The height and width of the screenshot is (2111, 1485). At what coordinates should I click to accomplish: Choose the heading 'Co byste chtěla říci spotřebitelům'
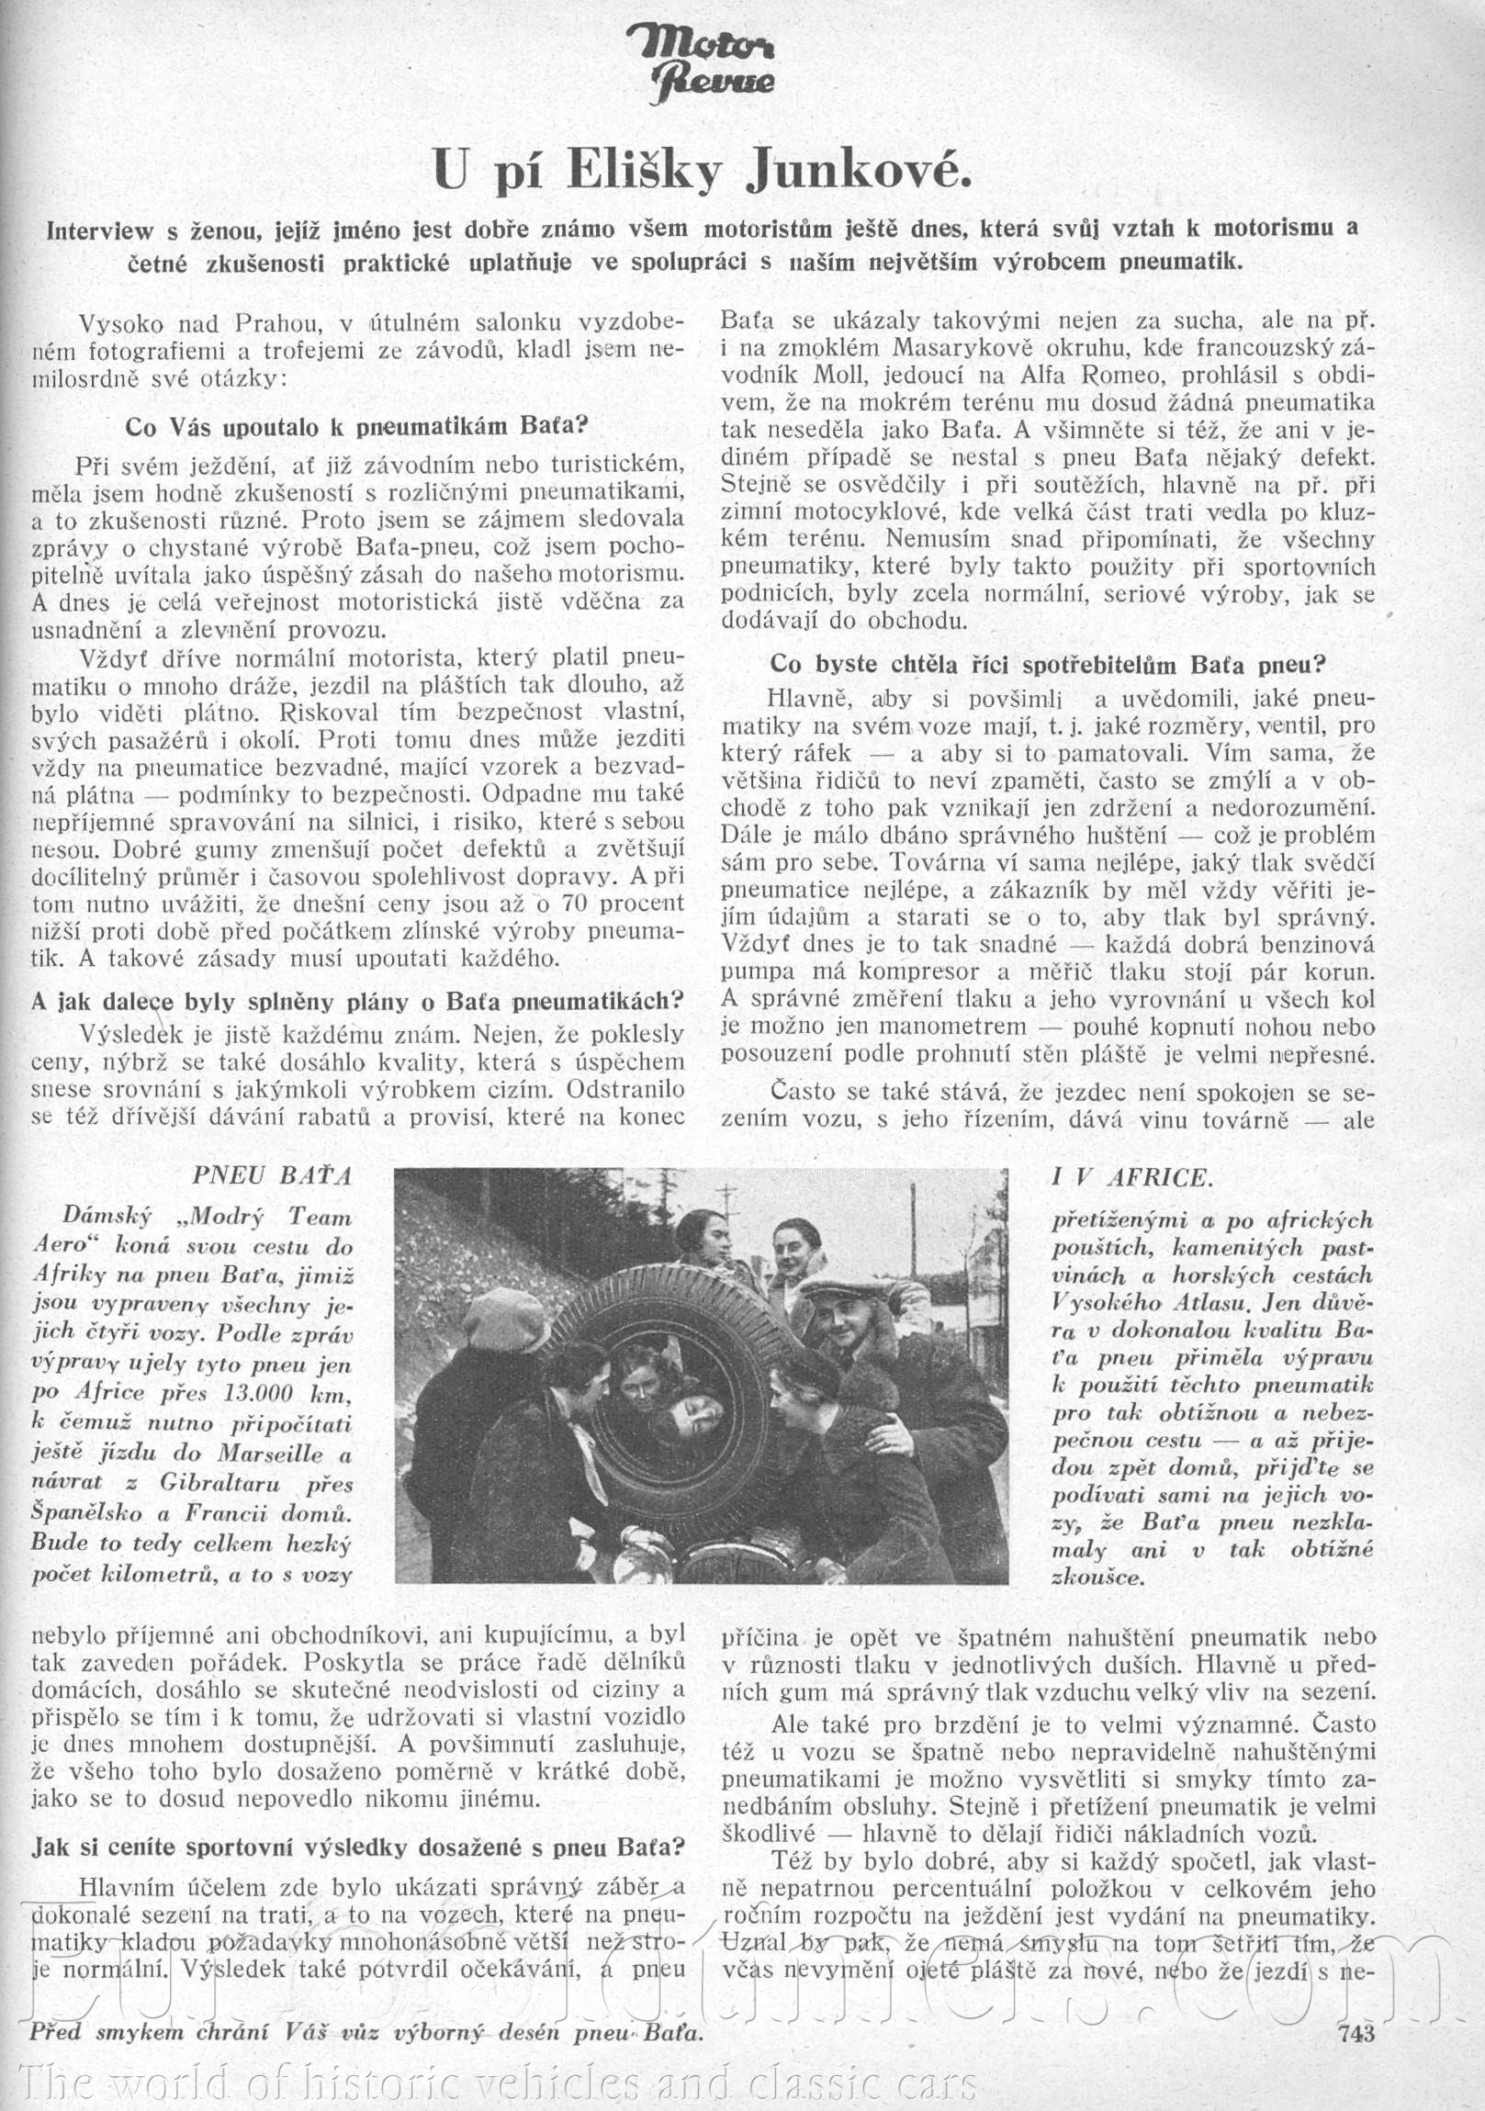point(1047,664)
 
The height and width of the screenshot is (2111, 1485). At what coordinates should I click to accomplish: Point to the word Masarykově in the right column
point(953,348)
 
